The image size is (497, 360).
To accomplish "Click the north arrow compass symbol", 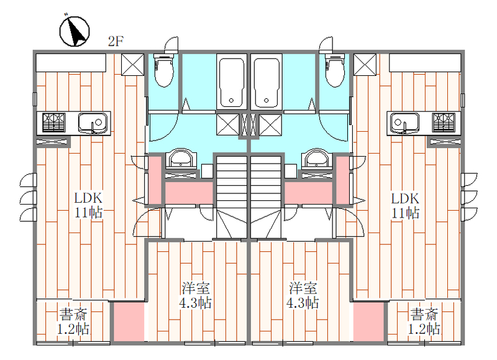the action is (75, 31).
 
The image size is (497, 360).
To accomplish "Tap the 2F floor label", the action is (116, 41).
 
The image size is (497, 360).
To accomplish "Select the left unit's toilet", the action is (164, 71).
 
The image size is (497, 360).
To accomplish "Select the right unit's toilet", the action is (335, 71).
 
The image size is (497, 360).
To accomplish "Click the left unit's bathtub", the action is (232, 81).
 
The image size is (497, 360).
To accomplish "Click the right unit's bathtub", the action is (267, 81).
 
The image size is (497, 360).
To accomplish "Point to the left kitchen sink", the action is (93, 122).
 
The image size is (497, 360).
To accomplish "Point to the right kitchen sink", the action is (405, 122).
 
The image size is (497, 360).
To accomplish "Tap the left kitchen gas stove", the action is (54, 122).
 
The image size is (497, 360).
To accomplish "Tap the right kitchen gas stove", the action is (444, 122).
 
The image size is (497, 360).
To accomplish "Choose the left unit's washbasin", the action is (181, 159).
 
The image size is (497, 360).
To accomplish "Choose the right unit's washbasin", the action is (317, 159).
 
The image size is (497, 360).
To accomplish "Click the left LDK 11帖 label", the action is (88, 205).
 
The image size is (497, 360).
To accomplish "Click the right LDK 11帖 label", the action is (406, 205).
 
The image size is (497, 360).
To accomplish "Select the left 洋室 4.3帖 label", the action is (196, 295).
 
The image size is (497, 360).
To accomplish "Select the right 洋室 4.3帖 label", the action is (303, 295).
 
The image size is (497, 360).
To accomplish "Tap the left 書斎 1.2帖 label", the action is (73, 321).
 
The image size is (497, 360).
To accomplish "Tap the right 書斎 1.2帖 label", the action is (424, 321).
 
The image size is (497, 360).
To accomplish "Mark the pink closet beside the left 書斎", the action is (129, 322).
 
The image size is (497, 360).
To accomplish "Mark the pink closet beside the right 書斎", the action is (368, 322).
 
